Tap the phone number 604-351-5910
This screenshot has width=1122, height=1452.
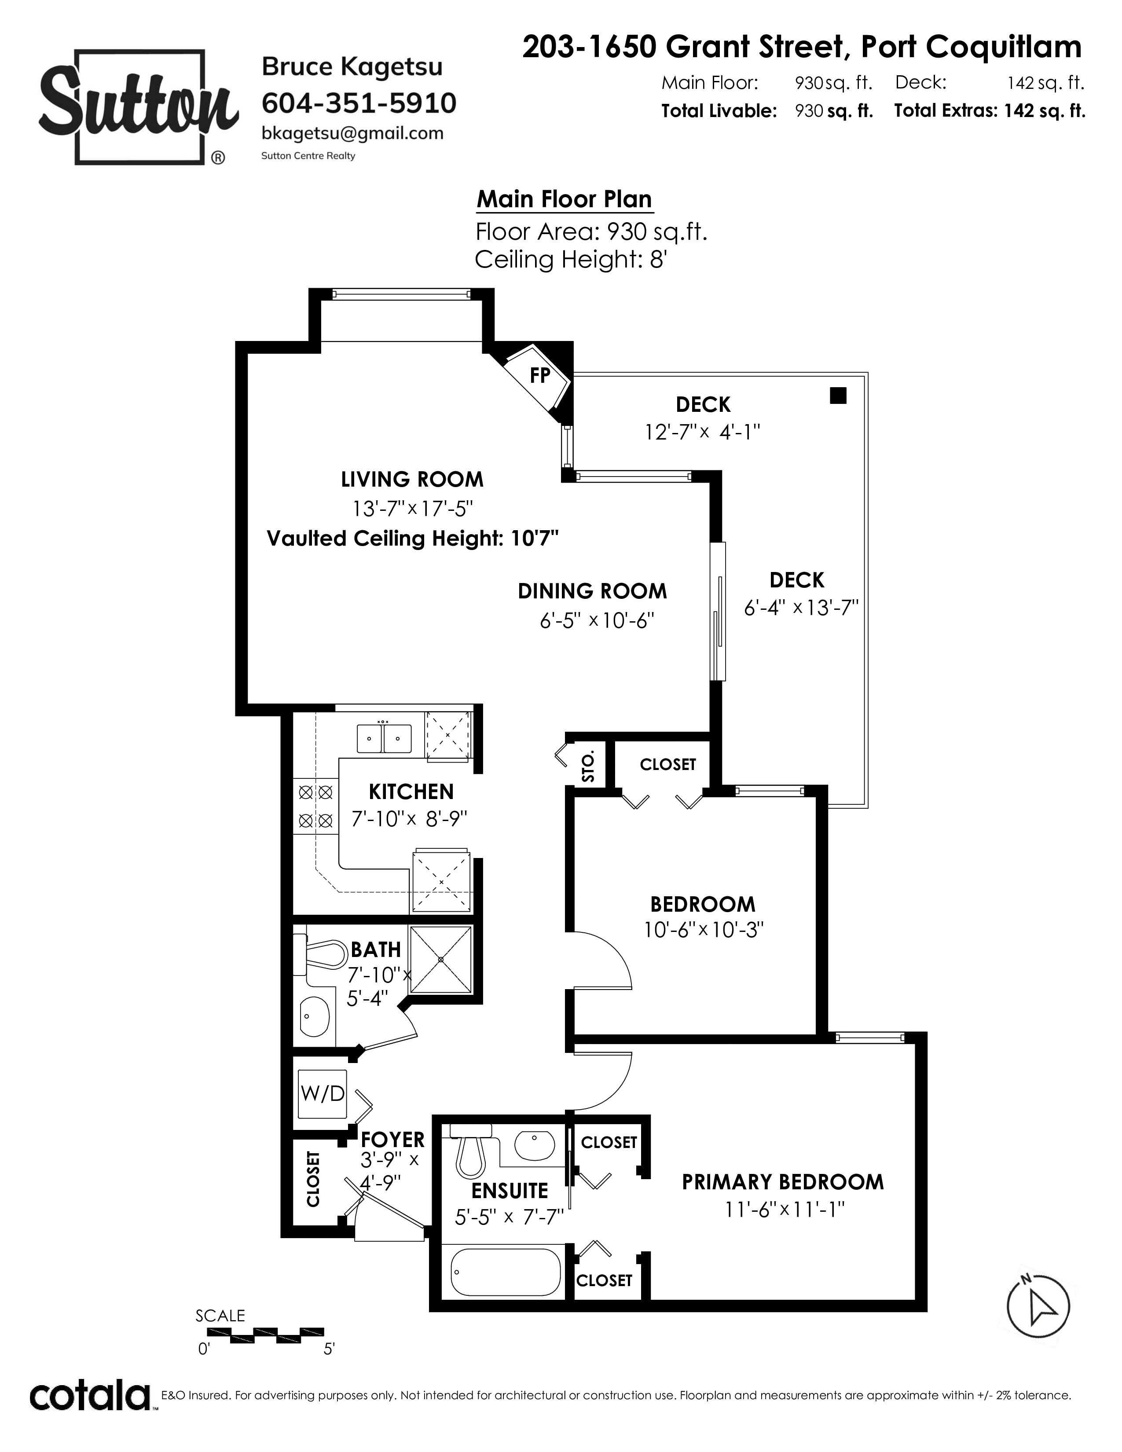[x=359, y=103]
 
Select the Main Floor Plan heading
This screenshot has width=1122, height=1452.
[x=565, y=199]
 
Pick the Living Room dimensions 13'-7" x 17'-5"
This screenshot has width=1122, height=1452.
[x=412, y=509]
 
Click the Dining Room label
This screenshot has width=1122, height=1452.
[x=592, y=591]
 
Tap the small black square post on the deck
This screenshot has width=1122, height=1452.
[x=838, y=396]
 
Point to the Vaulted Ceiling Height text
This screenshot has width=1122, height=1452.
[x=412, y=538]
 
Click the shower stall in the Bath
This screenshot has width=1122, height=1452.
[x=441, y=959]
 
